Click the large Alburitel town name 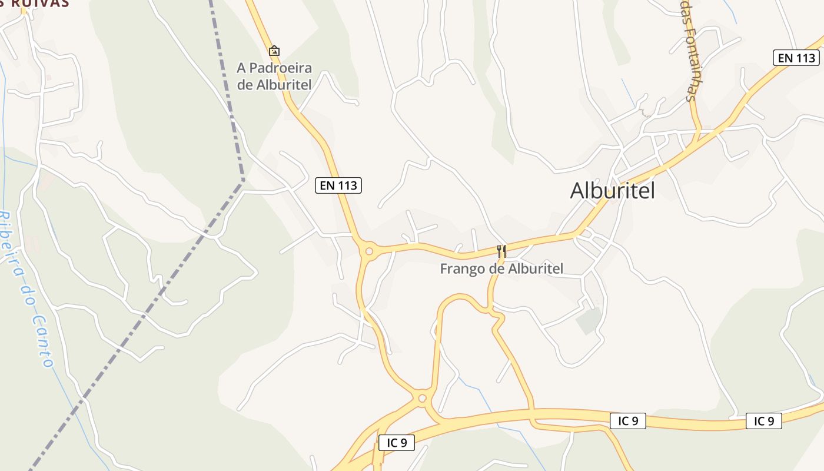612,190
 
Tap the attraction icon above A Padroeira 274,51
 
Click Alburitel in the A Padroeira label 284,85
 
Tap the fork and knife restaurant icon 501,251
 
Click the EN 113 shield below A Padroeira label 338,185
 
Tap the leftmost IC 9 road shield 397,443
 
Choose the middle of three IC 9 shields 628,421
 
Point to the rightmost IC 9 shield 764,421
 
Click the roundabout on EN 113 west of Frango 369,252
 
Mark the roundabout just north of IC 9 422,399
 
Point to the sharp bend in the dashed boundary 242,180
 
